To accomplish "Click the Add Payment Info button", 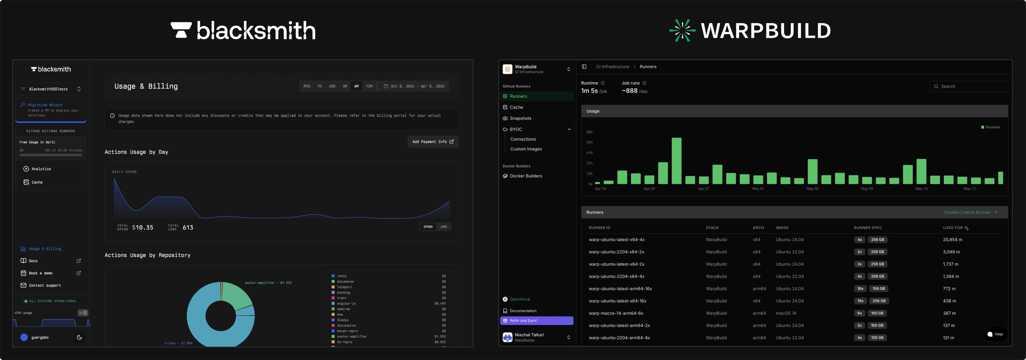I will [433, 142].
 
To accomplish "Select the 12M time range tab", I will [369, 86].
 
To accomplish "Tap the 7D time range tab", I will [319, 86].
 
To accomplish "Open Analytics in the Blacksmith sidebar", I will [41, 169].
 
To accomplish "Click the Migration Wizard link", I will [45, 105].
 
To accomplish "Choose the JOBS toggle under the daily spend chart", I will [443, 227].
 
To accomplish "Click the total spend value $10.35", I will [143, 228].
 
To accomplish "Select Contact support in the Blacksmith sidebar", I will [45, 285].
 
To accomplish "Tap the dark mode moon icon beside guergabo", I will [79, 337].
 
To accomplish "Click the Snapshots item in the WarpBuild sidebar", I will [520, 118].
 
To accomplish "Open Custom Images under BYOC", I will [526, 149].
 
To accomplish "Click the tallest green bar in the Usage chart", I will [676, 161].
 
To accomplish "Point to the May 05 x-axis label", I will [812, 189].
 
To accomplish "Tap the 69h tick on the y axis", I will [589, 132].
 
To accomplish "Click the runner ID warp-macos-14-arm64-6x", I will [616, 314].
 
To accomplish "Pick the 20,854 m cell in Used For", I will [952, 240].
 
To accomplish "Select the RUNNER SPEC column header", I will [868, 228].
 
